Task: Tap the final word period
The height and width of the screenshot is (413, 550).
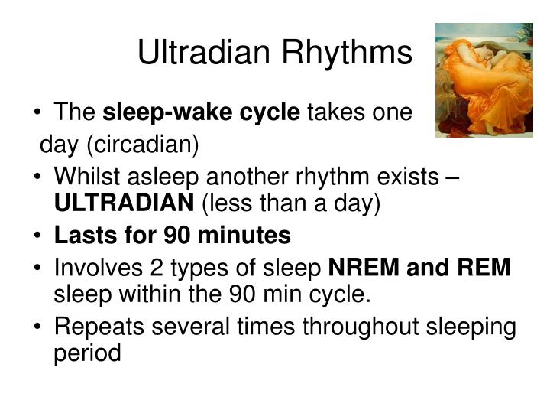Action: pyautogui.click(x=88, y=355)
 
